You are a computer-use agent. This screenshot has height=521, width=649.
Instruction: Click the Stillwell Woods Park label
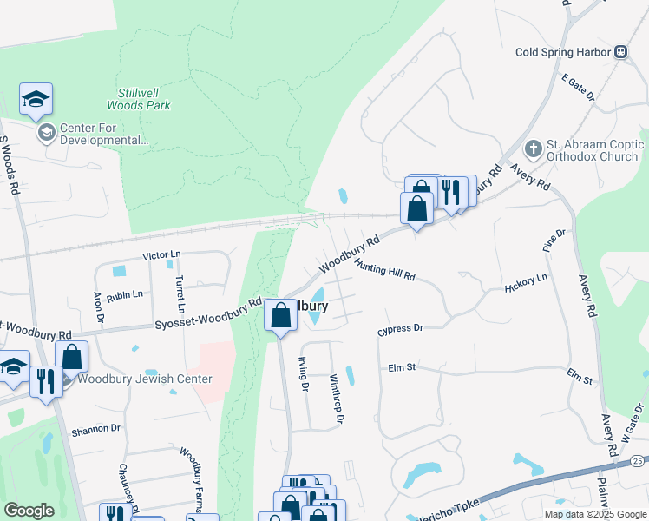[x=139, y=99]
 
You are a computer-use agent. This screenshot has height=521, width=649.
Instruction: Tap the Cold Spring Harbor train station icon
[x=621, y=52]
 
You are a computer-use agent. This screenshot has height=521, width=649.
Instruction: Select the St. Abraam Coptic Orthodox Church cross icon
[x=533, y=149]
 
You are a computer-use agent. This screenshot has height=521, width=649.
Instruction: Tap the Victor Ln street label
[x=161, y=255]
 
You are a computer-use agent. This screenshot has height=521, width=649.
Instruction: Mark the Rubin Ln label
[x=125, y=294]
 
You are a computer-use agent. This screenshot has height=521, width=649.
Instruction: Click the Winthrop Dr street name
[x=337, y=399]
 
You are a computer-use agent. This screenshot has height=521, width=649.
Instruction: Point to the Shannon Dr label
[x=95, y=429]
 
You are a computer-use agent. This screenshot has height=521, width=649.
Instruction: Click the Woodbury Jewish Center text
[x=145, y=379]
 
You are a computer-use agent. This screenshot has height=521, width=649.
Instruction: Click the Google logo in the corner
[x=29, y=511]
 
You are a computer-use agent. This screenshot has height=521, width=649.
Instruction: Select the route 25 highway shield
[x=638, y=459]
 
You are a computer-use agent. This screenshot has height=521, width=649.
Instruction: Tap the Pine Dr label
[x=554, y=241]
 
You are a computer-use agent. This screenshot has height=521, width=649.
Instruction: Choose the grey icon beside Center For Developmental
[x=46, y=133]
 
